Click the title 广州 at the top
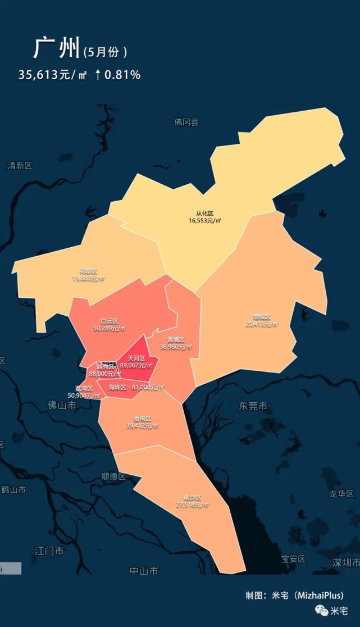(56, 48)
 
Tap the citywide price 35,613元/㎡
(52, 75)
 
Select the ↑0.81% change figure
(117, 75)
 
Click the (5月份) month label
(105, 52)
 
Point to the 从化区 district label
(205, 213)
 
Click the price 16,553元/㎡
(205, 221)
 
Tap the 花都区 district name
(88, 271)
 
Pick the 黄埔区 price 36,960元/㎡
(176, 347)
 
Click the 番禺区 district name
(143, 419)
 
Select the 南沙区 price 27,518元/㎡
(192, 505)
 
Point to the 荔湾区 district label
(84, 388)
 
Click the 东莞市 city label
(253, 406)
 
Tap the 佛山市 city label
(62, 405)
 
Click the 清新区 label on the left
(20, 166)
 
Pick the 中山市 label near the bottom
(144, 571)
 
